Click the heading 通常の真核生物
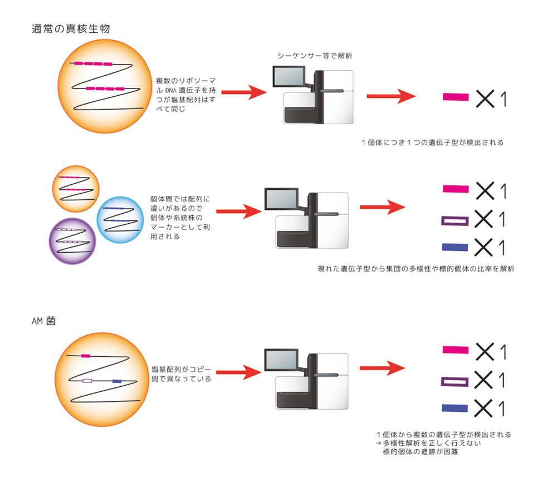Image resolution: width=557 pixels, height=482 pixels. [x=74, y=29]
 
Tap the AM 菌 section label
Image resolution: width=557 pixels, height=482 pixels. [x=47, y=321]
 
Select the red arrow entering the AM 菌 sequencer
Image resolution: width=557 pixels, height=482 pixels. [x=238, y=371]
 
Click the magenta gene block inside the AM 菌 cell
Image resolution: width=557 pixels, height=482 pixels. [x=85, y=355]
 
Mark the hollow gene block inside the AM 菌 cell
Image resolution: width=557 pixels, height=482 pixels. [x=87, y=381]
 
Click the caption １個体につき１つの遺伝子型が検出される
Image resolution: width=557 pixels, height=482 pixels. [x=432, y=142]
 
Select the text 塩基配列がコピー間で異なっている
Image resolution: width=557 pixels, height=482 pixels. [x=182, y=374]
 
